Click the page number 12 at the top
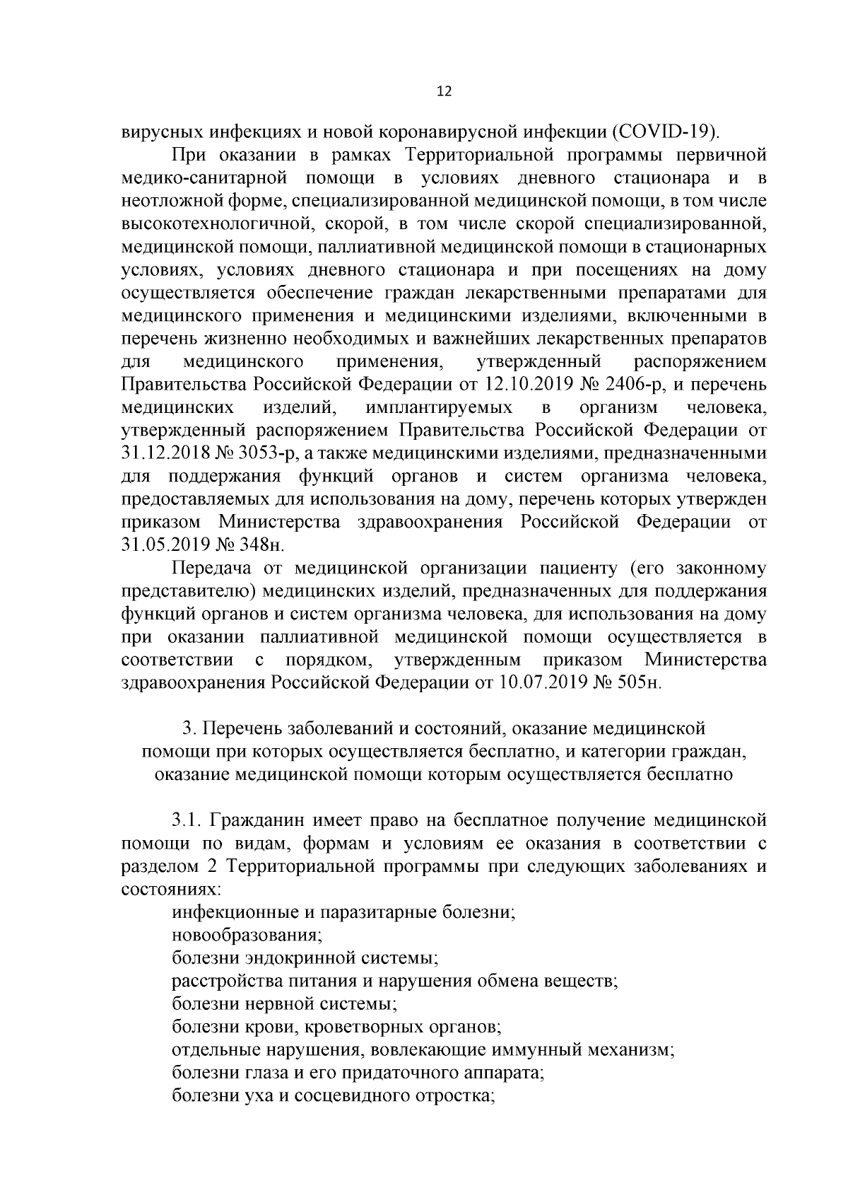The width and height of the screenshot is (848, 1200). pyautogui.click(x=444, y=92)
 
